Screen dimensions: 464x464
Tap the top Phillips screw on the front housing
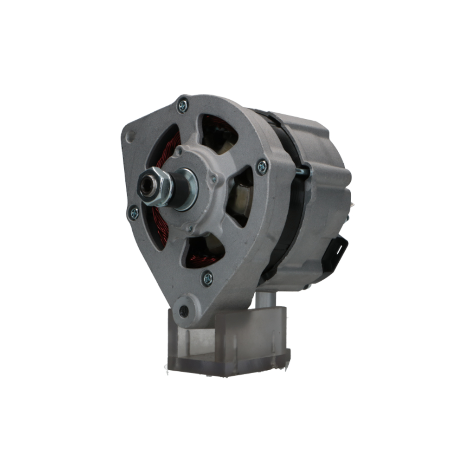(183, 106)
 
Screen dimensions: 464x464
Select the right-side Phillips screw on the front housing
(262, 167)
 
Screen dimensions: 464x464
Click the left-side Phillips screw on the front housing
(134, 213)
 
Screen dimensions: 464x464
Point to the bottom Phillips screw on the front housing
(207, 278)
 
